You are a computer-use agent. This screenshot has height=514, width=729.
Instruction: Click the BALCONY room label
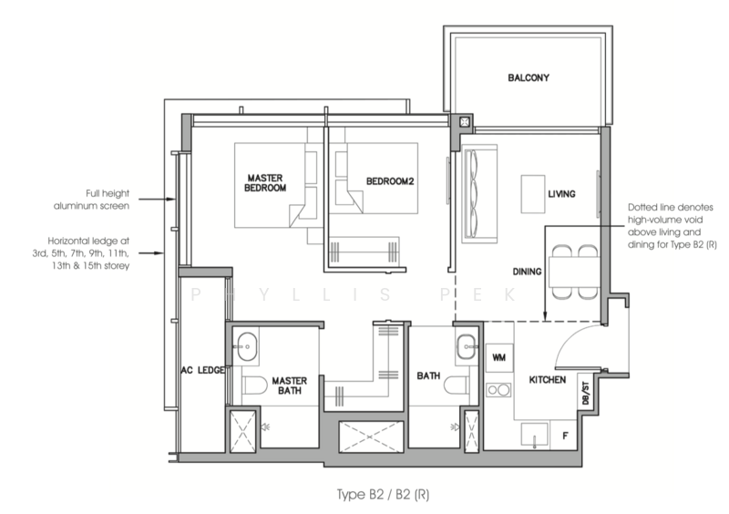529,77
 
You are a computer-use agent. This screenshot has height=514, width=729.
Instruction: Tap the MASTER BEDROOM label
265,183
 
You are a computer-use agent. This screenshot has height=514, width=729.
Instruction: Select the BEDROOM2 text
390,181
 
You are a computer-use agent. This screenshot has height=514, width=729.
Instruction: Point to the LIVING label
561,194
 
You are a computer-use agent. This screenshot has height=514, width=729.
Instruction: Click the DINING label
527,272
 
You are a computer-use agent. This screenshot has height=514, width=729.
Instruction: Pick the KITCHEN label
548,380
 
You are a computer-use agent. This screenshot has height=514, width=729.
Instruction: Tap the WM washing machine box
499,357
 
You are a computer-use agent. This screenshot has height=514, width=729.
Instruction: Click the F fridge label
565,436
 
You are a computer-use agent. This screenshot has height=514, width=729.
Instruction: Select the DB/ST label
585,393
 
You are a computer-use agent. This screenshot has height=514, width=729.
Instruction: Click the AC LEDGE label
203,370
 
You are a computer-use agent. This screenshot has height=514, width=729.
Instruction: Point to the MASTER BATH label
289,385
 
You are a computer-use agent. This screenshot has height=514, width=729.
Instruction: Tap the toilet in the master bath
254,385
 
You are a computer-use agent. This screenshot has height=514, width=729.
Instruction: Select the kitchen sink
535,436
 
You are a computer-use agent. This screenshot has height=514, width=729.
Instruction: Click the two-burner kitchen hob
498,390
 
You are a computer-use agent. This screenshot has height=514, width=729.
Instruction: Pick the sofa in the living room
479,193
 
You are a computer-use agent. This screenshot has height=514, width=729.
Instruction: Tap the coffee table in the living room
533,194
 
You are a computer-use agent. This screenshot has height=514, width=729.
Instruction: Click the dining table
574,272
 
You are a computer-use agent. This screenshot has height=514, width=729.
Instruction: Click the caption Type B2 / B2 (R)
383,494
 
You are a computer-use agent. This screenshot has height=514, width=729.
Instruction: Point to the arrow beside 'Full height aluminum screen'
157,200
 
